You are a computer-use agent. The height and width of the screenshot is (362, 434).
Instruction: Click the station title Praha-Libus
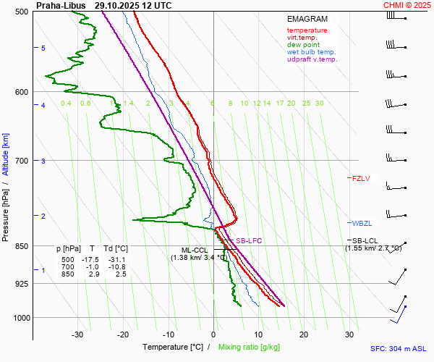[61, 5]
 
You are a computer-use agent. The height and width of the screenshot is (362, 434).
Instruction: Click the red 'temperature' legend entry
[307, 30]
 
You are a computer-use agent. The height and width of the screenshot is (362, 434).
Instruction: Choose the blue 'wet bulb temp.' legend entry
[311, 52]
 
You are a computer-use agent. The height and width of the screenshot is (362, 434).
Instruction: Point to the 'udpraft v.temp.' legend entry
[312, 59]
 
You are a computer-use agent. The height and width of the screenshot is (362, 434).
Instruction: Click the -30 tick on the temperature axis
[77, 334]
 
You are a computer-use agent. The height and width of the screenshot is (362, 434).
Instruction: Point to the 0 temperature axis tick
[213, 334]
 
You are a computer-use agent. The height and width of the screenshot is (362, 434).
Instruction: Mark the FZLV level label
[361, 178]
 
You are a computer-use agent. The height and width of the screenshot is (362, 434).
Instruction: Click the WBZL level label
[361, 223]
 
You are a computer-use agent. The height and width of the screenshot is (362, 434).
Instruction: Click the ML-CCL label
[195, 250]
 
